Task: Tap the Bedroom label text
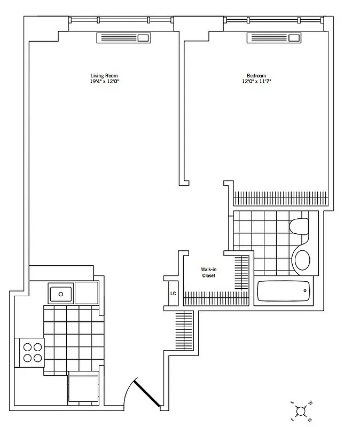click(x=256, y=75)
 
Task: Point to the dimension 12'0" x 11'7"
click(x=256, y=82)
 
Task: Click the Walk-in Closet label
click(x=208, y=272)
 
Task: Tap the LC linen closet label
click(x=173, y=293)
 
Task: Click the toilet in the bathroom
click(x=299, y=226)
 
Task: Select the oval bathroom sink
click(x=302, y=260)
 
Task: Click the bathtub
click(x=284, y=291)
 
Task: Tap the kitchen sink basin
click(x=60, y=293)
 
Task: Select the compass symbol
click(x=301, y=410)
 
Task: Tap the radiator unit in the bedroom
click(x=273, y=38)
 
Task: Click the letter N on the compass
click(x=310, y=420)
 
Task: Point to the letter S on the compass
click(x=292, y=401)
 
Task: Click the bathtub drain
click(x=306, y=291)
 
